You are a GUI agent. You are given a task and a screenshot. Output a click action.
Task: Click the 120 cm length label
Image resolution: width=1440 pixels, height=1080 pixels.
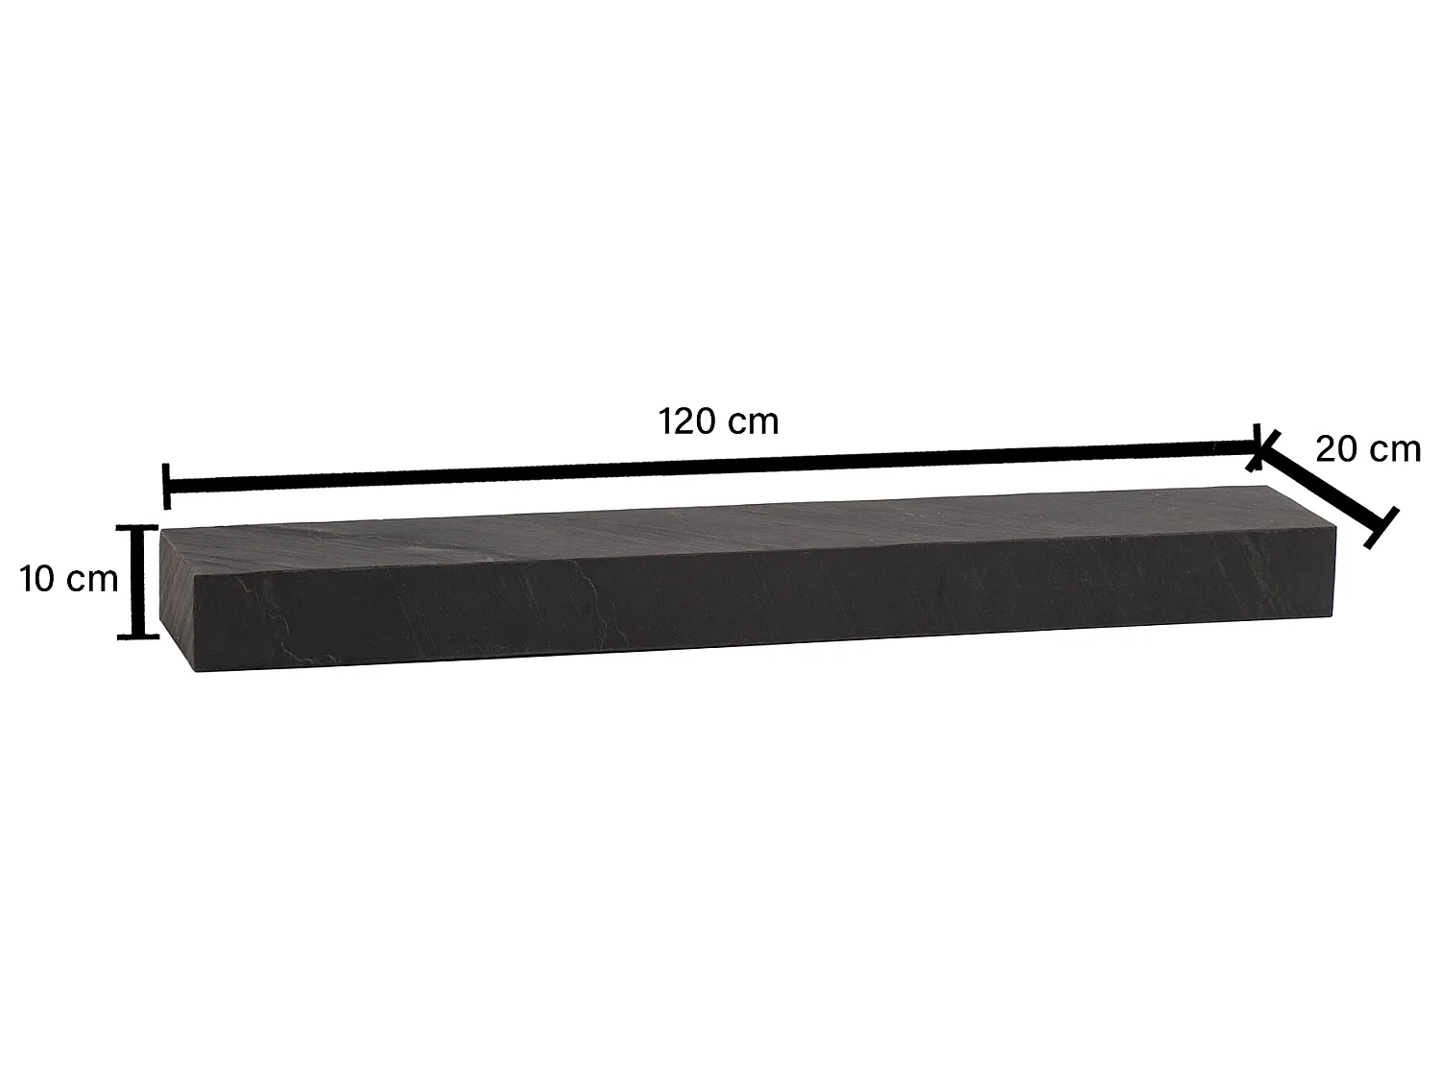coord(718,420)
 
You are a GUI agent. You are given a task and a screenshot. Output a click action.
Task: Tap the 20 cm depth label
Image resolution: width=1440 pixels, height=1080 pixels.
coord(1367,448)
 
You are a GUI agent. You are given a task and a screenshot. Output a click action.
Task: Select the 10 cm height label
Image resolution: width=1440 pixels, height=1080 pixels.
coord(69,579)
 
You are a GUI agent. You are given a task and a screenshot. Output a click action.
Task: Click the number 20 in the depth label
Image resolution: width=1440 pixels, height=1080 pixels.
coord(1336,448)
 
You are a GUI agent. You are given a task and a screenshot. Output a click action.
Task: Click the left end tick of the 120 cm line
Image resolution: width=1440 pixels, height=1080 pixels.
coord(167,486)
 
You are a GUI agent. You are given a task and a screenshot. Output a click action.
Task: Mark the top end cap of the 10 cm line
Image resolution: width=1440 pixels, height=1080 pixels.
coord(137,526)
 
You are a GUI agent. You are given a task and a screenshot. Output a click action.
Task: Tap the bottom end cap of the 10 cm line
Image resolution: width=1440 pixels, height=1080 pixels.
coord(137,635)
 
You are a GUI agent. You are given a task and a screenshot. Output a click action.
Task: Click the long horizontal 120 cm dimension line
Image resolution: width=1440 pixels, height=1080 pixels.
coord(710,466)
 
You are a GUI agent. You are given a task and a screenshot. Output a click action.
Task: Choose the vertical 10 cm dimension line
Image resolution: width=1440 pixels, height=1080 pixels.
coord(137,581)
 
